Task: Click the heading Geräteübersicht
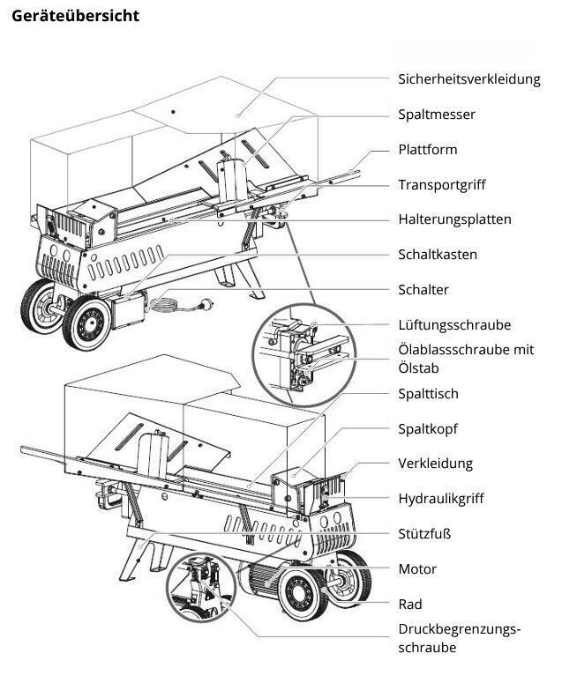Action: tap(76, 17)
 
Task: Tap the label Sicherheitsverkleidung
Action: tap(468, 79)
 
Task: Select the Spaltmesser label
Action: tap(437, 115)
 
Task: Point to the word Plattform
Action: tap(428, 150)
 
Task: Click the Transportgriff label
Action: tap(442, 185)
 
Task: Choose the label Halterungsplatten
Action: tap(454, 219)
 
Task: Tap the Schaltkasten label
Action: tap(438, 255)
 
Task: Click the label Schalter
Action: tap(423, 290)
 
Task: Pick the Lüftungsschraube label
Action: tap(454, 325)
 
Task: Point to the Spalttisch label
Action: tap(428, 394)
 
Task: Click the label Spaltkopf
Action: tap(428, 429)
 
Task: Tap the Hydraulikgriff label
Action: tap(441, 499)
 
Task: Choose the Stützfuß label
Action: tap(424, 534)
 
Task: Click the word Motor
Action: tap(417, 569)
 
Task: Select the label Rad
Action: tap(409, 605)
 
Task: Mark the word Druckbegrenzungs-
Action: tap(459, 630)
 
